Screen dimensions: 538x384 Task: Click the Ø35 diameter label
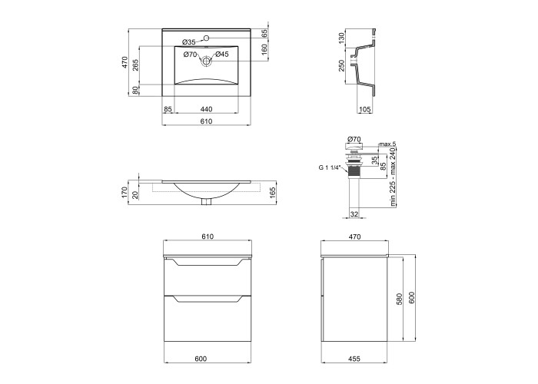point(189,42)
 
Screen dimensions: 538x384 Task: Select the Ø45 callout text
point(222,55)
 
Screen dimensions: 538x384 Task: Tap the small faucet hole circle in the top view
point(207,38)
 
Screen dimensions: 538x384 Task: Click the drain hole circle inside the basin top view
point(206,61)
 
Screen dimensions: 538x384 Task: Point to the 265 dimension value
point(135,65)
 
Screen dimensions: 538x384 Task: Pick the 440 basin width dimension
point(206,109)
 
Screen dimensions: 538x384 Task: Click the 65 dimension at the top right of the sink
point(264,33)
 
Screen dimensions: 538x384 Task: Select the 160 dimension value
point(264,50)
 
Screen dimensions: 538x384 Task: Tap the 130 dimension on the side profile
point(341,38)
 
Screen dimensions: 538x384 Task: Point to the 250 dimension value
point(341,65)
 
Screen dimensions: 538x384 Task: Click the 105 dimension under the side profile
point(364,109)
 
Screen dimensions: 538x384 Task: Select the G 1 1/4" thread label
point(330,167)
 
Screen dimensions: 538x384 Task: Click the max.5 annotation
point(387,144)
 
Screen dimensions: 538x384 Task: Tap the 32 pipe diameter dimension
point(354,214)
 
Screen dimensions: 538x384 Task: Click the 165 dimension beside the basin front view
point(273,193)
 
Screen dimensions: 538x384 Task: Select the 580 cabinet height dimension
point(399,299)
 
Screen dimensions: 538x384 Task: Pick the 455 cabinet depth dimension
point(354,359)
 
